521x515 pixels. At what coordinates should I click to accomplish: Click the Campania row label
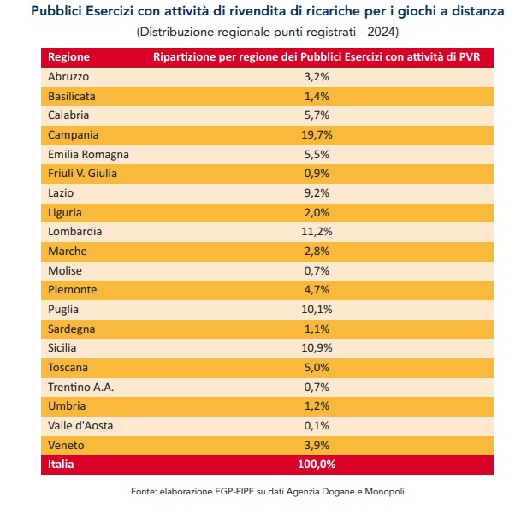(x=74, y=134)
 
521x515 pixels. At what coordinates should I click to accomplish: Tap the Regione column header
(x=68, y=56)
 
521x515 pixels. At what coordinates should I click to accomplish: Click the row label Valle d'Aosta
(x=80, y=425)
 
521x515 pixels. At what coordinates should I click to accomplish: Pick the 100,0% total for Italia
(x=317, y=465)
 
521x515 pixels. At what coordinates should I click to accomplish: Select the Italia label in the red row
(x=61, y=465)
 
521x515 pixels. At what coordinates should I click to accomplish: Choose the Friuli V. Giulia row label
(x=83, y=174)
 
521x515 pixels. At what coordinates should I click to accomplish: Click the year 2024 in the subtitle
(x=382, y=32)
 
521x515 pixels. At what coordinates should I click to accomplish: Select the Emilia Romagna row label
(x=89, y=154)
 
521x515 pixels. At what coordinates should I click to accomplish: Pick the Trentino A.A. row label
(x=81, y=387)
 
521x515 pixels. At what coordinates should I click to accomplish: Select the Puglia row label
(x=65, y=309)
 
